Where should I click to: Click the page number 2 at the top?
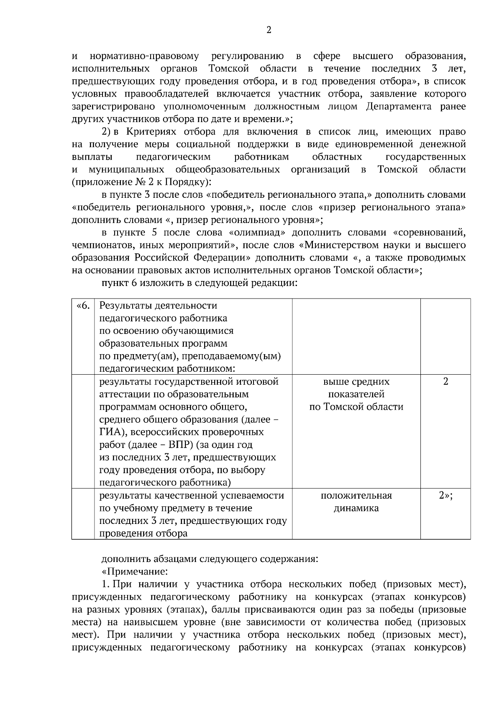[x=269, y=30]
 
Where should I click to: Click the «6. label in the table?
[x=83, y=306]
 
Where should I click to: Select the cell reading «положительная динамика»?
[x=356, y=502]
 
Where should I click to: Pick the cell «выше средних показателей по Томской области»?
[x=356, y=394]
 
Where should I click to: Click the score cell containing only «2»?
[x=446, y=381]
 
